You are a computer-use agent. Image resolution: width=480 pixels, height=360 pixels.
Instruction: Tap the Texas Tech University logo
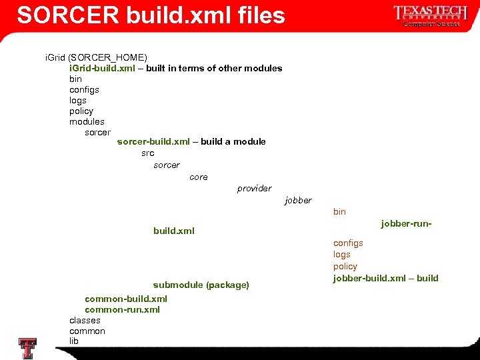[427, 15]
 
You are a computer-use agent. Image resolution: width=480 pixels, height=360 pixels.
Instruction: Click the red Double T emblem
[27, 348]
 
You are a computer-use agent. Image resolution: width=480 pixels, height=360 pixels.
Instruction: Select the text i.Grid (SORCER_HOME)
[96, 57]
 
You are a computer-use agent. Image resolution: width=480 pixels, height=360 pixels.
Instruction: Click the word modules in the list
[87, 121]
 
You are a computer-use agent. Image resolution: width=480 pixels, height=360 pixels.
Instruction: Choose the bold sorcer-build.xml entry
[153, 141]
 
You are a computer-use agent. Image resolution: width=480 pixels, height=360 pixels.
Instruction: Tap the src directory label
[147, 153]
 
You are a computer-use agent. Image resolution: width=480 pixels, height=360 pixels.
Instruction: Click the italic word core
[198, 177]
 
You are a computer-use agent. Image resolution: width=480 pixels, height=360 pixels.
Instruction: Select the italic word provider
[254, 188]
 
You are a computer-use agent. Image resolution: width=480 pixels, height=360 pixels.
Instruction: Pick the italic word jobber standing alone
[297, 200]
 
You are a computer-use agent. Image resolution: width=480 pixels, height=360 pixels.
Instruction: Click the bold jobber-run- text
[406, 223]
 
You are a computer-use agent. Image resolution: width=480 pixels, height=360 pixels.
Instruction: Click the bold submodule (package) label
[201, 285]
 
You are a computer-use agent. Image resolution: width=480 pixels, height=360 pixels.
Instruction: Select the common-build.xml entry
[125, 299]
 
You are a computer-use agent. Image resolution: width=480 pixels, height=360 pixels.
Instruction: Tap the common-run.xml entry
[122, 309]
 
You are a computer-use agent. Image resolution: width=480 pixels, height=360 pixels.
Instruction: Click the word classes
[85, 320]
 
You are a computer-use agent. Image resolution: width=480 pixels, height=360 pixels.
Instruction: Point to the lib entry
[74, 341]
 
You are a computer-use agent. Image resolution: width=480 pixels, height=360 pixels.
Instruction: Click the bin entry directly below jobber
[339, 211]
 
